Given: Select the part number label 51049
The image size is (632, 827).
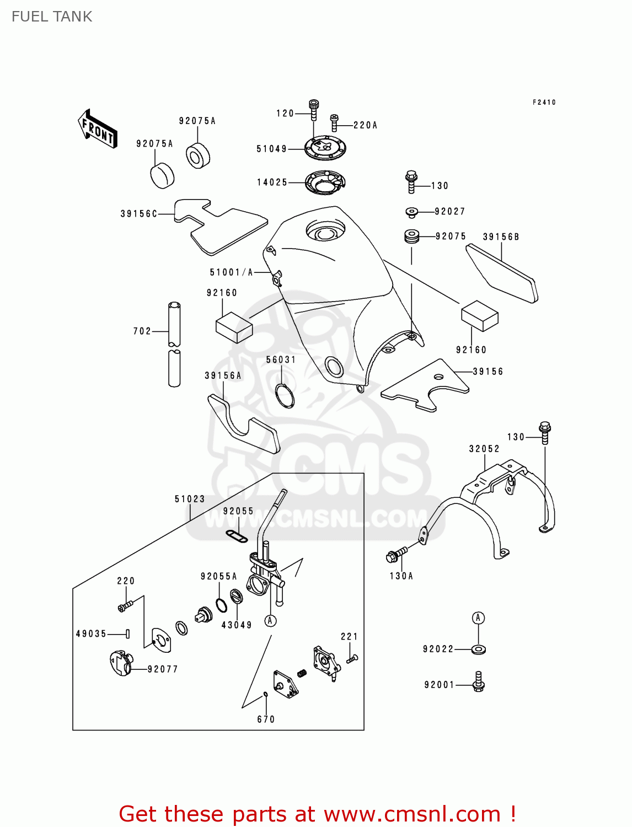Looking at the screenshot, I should (271, 149).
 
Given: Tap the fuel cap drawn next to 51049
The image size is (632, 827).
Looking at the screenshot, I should (325, 148).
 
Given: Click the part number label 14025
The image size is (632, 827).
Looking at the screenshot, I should (272, 182).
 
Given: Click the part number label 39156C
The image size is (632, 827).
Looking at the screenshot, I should (139, 214).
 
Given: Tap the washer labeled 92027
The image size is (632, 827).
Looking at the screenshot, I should (411, 212).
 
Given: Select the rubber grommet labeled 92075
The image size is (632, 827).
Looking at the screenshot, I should (411, 237).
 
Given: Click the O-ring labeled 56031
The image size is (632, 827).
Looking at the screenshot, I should (285, 395).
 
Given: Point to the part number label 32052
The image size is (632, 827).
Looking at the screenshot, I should (484, 449).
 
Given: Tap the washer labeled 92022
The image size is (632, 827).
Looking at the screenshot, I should (479, 649).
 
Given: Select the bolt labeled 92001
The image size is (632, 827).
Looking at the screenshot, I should (479, 683).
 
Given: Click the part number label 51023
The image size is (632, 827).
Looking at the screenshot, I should (190, 499).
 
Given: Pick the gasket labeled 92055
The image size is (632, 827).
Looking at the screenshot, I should (237, 535).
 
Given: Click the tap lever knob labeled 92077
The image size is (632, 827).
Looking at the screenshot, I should (121, 663).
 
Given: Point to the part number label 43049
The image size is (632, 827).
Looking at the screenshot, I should (237, 625).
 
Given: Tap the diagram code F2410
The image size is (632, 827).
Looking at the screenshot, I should (544, 103).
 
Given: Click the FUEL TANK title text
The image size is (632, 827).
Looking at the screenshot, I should (52, 17).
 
